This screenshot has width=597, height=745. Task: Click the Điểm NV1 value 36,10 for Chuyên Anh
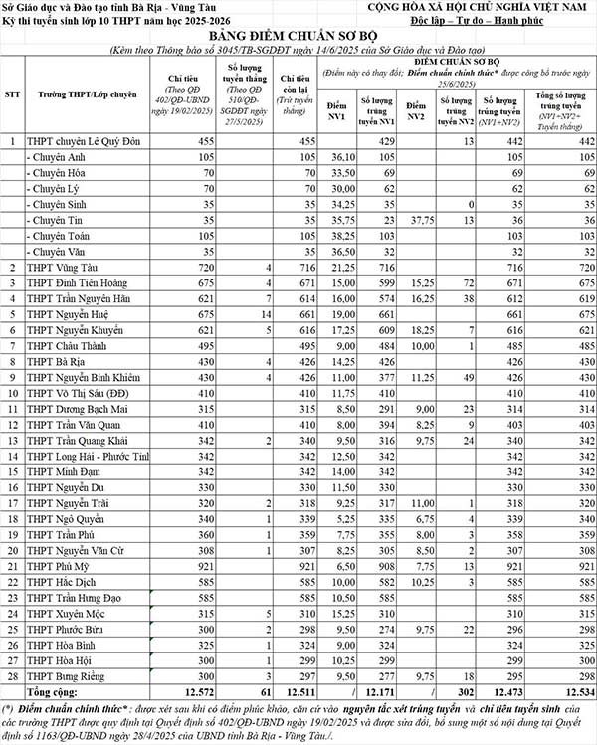[343, 158]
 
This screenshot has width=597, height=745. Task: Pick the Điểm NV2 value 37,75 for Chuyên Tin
[416, 220]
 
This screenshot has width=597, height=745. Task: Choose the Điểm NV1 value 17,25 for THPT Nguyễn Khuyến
[343, 329]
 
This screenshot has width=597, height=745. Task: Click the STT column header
[13, 93]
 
